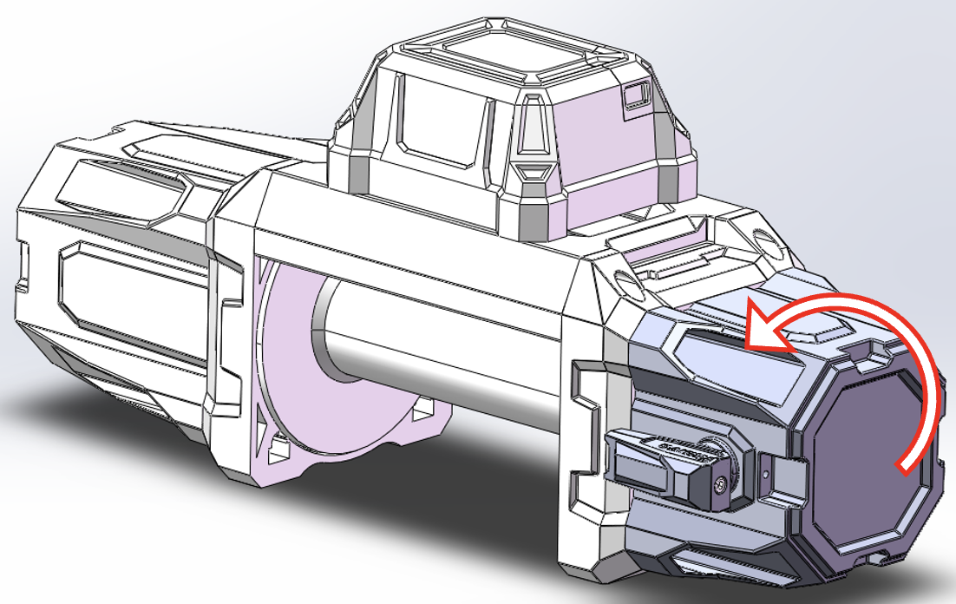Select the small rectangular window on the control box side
point(638,95)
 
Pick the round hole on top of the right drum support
point(625,280)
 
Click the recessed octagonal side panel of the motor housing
point(130,286)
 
